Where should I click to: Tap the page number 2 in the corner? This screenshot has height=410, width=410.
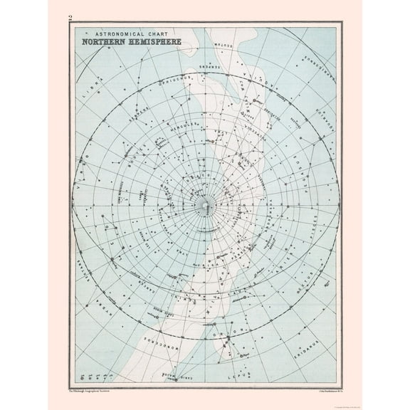tap(70, 17)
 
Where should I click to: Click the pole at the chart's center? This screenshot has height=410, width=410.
tap(205, 206)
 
